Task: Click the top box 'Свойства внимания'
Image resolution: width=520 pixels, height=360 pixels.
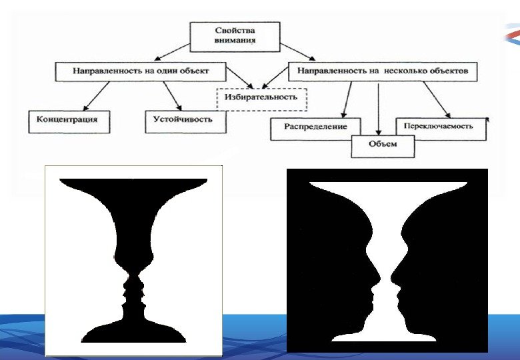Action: click(235, 36)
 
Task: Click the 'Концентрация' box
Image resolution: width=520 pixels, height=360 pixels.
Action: click(68, 121)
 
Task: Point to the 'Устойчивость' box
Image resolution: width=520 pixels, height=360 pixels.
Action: click(185, 120)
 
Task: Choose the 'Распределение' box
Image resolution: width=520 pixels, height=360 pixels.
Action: click(315, 127)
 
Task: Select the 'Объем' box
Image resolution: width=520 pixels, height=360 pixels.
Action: click(382, 144)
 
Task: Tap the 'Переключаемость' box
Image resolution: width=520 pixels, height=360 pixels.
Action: click(441, 125)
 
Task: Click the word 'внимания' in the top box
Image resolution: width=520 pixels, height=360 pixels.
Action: click(235, 41)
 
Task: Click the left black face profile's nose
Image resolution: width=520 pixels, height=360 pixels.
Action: click(377, 273)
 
